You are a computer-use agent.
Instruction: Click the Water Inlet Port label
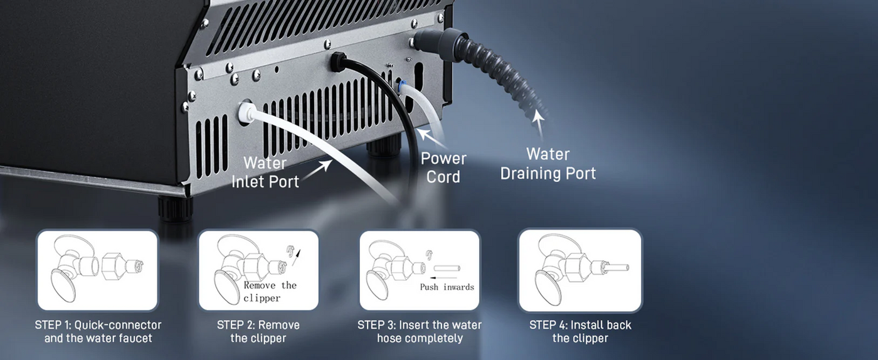[265, 172]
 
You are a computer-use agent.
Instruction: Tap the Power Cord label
[443, 168]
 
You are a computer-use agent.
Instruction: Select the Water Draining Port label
[548, 164]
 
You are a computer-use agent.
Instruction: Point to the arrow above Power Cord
[431, 138]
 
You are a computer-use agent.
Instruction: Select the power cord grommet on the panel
[338, 61]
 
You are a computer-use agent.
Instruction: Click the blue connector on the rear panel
[400, 83]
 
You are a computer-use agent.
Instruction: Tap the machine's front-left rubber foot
[175, 208]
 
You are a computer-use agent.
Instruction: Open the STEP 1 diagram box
[97, 270]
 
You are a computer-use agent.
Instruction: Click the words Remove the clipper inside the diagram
[270, 292]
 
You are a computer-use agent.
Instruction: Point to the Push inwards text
[447, 287]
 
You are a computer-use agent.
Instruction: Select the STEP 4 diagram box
[580, 270]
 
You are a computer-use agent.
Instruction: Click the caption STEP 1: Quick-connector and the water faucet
[98, 331]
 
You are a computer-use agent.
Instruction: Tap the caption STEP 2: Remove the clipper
[258, 331]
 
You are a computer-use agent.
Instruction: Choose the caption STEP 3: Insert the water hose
[420, 331]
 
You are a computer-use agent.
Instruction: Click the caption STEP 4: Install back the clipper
[580, 331]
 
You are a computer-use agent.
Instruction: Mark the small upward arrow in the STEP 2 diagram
[297, 257]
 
